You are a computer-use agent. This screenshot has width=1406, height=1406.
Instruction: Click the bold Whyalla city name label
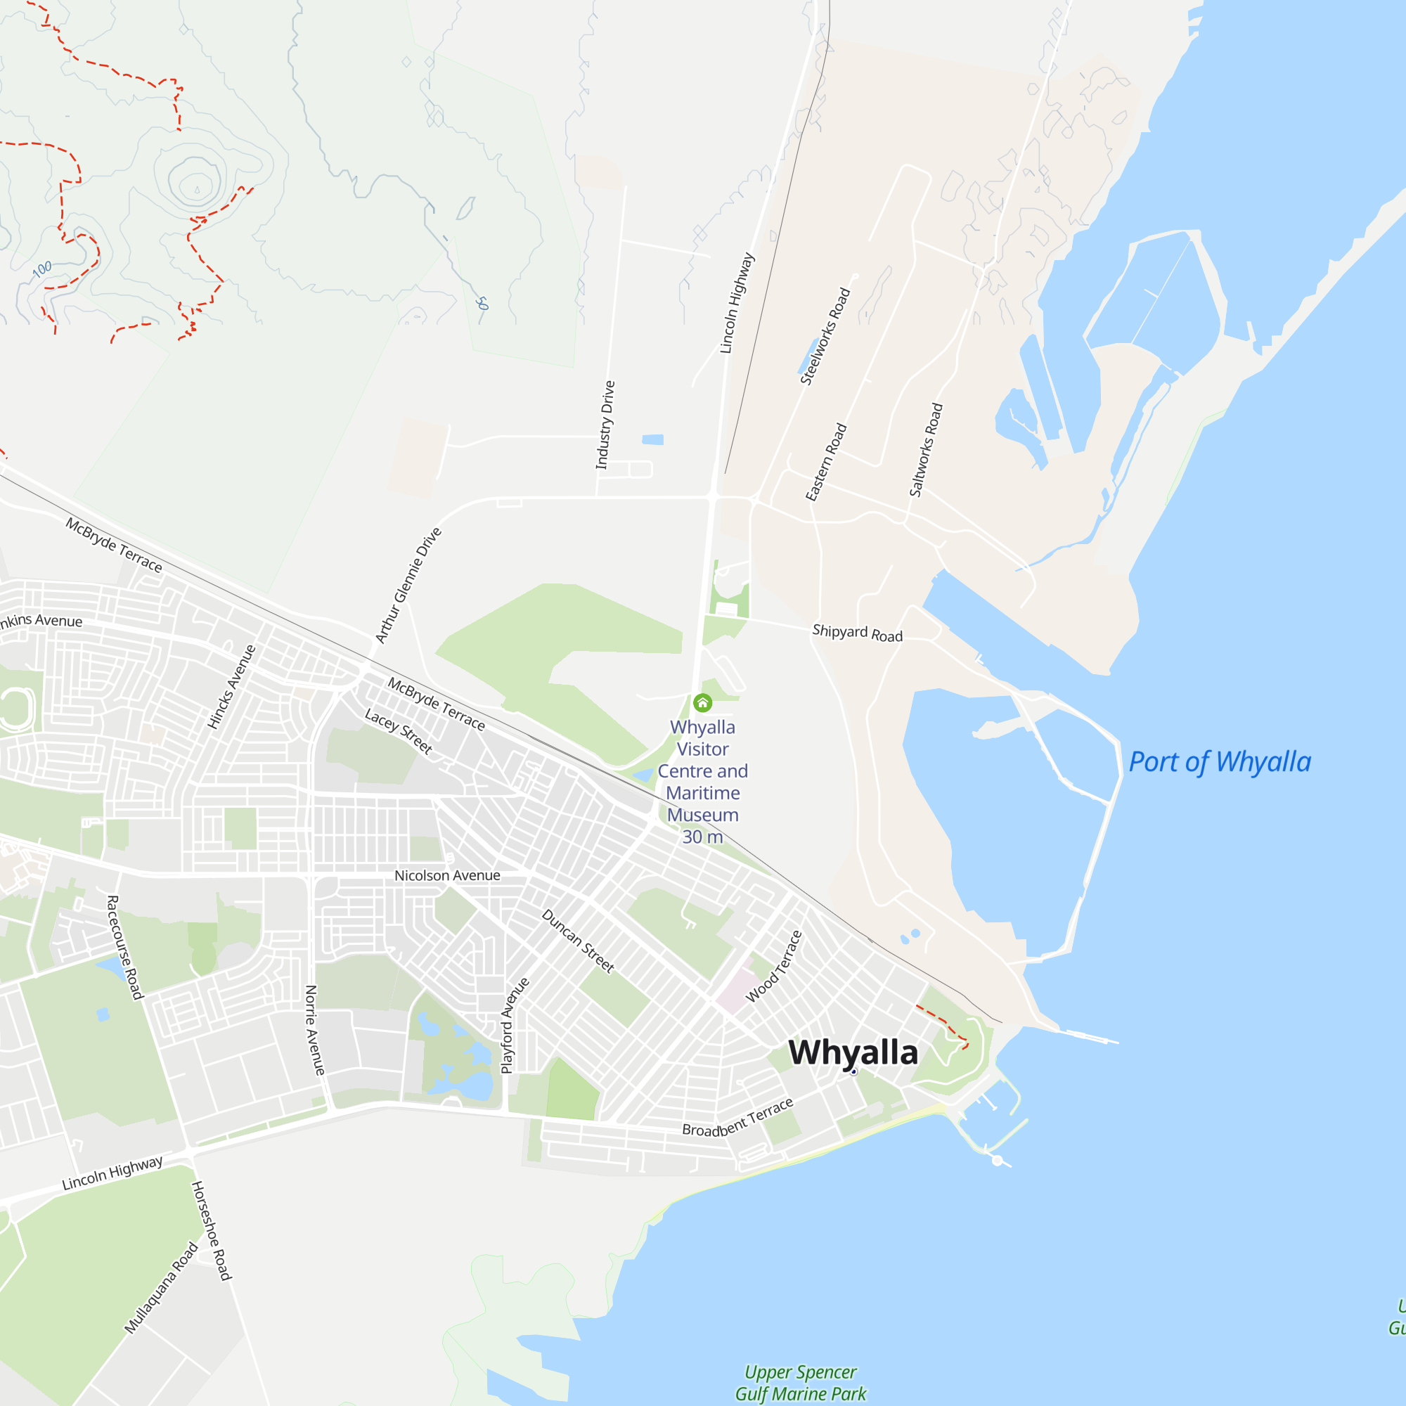(853, 1053)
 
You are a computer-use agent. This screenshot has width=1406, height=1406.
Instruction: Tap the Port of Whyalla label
(1220, 763)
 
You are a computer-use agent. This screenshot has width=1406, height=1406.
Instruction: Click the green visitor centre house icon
(702, 702)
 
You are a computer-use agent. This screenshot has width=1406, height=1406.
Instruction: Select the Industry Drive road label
(605, 425)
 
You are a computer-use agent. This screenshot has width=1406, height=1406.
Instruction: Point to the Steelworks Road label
(825, 336)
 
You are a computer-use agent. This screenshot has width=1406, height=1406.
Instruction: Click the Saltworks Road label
(926, 450)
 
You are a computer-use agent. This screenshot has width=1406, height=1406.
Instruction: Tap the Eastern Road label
(826, 462)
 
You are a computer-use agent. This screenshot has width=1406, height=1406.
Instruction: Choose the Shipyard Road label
(857, 633)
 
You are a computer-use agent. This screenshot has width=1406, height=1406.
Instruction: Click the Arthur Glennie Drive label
(408, 586)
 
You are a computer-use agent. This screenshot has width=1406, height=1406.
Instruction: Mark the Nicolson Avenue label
(447, 875)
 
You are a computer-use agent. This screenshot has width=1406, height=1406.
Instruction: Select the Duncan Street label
(579, 941)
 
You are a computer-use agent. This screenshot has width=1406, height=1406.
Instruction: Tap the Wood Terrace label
(773, 967)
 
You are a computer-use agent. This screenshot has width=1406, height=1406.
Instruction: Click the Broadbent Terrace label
(737, 1118)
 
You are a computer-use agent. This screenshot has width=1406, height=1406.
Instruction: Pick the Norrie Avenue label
(314, 1031)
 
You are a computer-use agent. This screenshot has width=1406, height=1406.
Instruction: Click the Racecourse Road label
(125, 948)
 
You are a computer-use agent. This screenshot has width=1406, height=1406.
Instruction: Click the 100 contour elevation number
(42, 269)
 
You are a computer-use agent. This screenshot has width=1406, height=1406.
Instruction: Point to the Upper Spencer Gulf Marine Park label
(801, 1383)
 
